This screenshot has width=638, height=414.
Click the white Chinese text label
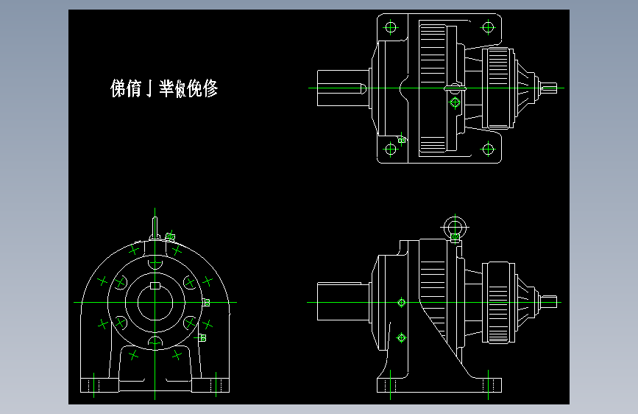click(164, 89)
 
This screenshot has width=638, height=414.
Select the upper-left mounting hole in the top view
click(390, 28)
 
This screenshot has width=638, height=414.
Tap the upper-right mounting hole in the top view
click(487, 27)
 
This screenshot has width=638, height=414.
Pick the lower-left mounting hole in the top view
click(390, 149)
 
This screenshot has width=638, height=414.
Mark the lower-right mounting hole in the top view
click(487, 149)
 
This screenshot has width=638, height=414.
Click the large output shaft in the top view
click(342, 88)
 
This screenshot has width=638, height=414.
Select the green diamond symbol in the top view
click(454, 102)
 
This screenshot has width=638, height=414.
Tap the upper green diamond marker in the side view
click(402, 302)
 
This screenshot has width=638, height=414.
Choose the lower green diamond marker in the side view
click(402, 337)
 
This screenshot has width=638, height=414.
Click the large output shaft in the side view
click(342, 302)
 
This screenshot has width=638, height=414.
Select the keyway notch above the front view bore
click(155, 285)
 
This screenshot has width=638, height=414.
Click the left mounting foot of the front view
click(99, 386)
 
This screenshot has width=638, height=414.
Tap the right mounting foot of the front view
click(211, 386)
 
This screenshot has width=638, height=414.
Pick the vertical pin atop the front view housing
click(155, 223)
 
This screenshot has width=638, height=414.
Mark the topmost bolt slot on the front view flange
click(155, 263)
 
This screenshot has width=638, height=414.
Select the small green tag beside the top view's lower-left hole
click(402, 139)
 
